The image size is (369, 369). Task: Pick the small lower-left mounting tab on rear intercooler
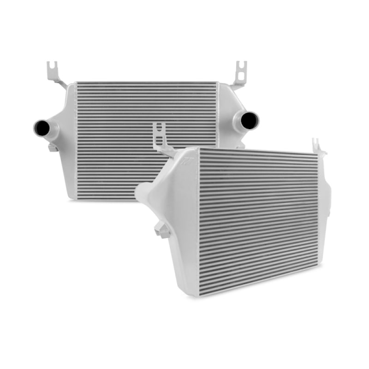coord(52,147)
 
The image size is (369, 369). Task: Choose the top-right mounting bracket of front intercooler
coord(318,147)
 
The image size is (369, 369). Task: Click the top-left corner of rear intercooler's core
coord(77,83)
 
